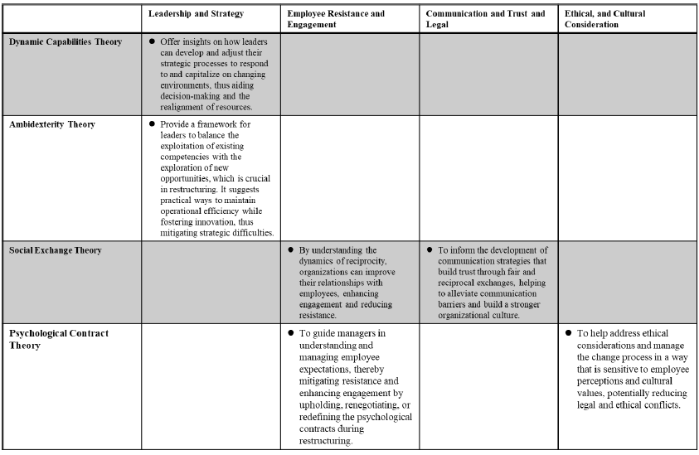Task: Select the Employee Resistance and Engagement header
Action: (336, 19)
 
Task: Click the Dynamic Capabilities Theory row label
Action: (66, 41)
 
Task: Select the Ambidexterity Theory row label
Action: (52, 124)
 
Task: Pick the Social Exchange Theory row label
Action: (56, 250)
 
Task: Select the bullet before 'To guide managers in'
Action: (291, 333)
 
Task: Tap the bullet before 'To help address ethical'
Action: (569, 333)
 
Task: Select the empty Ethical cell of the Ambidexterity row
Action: (628, 177)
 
